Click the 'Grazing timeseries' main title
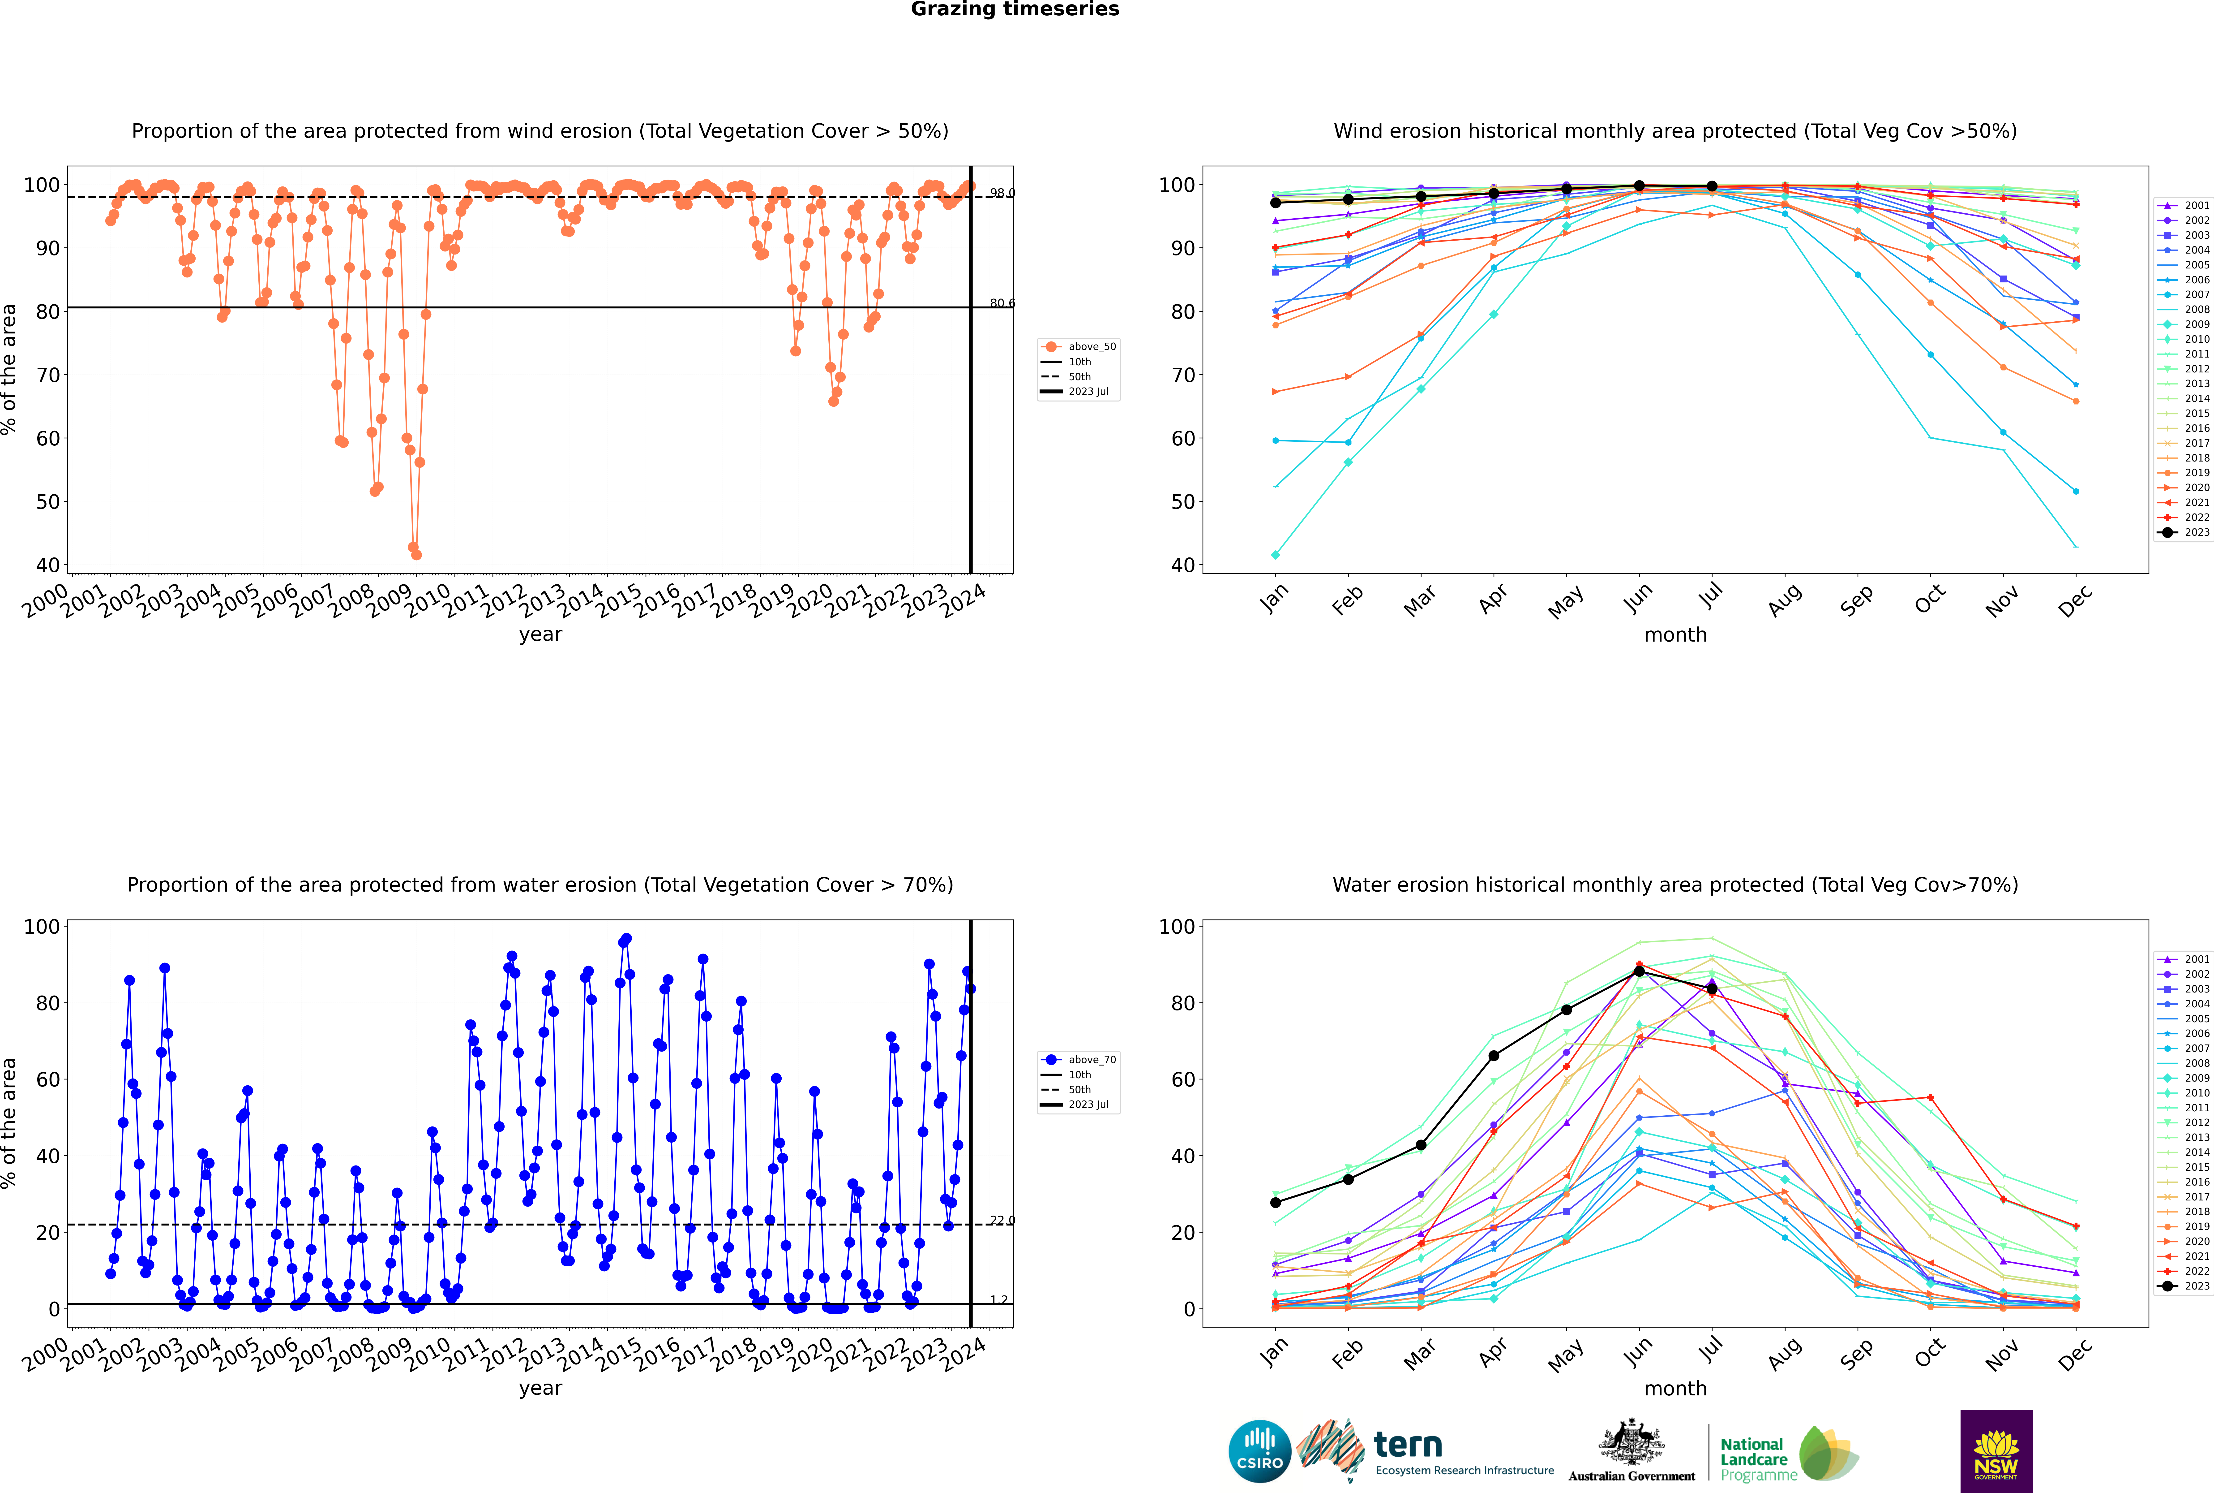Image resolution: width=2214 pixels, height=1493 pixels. pos(1015,9)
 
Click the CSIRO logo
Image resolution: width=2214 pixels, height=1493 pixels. pos(1259,1451)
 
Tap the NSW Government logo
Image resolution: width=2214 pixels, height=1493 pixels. pos(1996,1451)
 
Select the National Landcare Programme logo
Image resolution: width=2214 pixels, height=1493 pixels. pos(1790,1454)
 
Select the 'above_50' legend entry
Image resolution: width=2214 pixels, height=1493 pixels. pos(1079,347)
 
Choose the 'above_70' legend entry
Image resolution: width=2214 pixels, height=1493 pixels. pos(1079,1060)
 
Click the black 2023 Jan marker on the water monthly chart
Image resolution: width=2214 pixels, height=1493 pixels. pos(1276,1203)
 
